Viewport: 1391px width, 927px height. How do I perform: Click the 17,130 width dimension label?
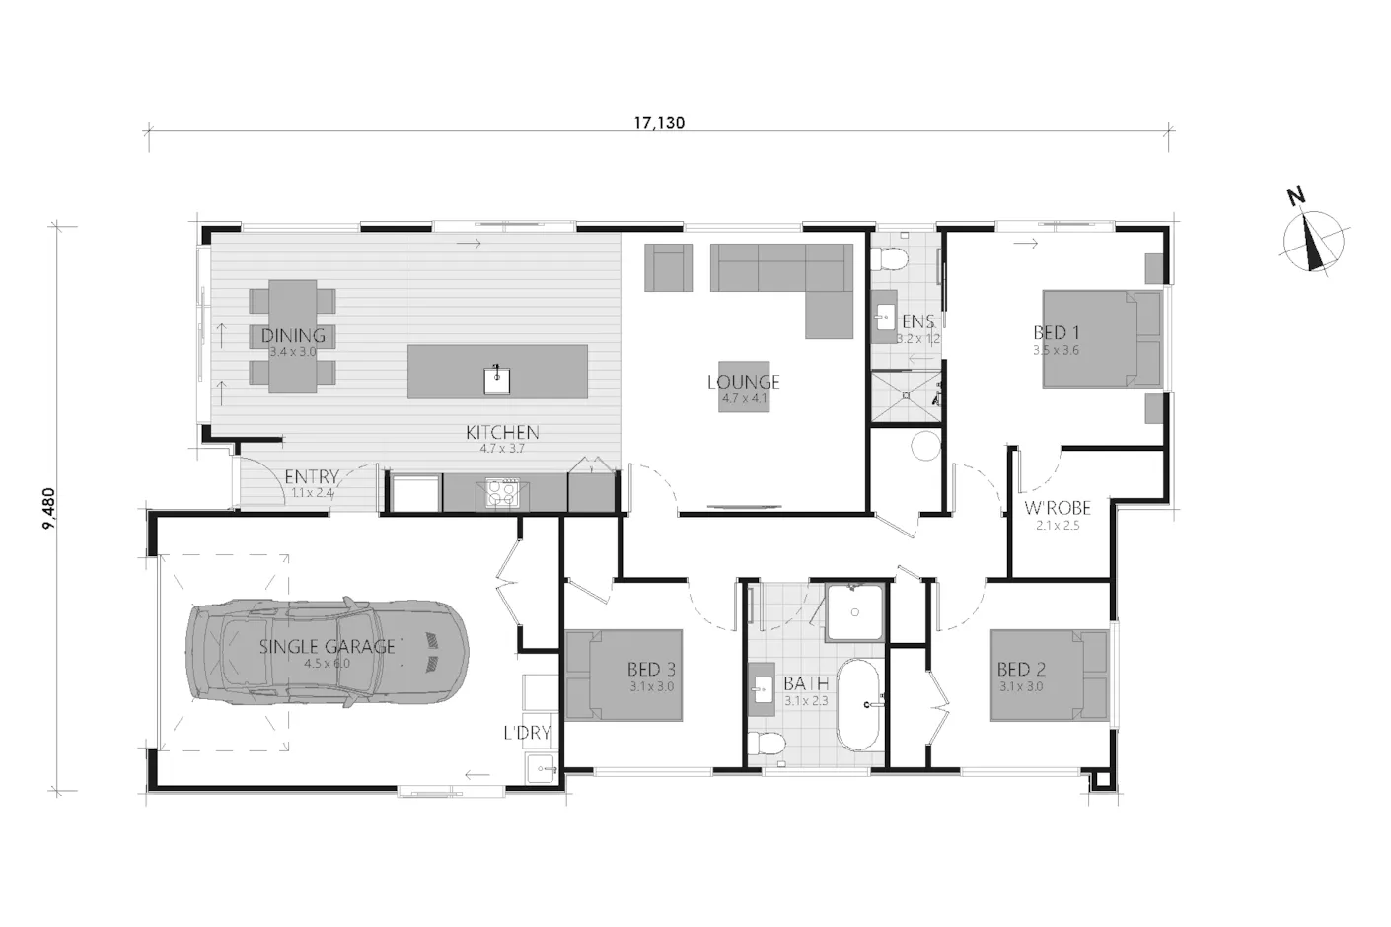(659, 123)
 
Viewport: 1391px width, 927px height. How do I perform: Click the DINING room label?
(293, 336)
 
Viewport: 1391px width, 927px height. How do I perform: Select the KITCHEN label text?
(502, 432)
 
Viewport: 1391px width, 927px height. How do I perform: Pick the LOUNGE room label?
(743, 382)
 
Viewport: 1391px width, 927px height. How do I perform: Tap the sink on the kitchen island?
(497, 379)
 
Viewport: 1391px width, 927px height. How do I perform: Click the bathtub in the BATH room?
(862, 705)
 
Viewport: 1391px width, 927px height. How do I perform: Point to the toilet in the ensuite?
(892, 259)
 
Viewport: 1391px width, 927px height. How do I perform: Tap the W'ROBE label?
(1057, 509)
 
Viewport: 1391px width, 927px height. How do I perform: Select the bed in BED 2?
(1050, 676)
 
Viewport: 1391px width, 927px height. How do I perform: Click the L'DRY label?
(526, 733)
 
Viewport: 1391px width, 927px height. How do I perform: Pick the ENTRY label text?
(311, 477)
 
